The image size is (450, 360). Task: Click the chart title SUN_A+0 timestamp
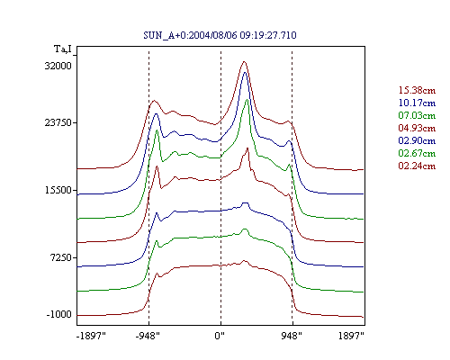pos(220,35)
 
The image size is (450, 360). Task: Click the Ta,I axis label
pos(63,49)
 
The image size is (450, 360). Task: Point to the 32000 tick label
pos(58,66)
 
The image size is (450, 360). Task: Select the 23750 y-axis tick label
pos(58,122)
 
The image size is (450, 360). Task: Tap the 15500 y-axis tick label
pos(58,190)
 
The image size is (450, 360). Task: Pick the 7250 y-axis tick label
pos(61,257)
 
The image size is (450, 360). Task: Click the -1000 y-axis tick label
pos(59,315)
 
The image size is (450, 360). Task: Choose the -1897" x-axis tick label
pos(92,336)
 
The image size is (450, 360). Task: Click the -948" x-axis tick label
pos(148,336)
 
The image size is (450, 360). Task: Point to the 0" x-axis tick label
pos(220,336)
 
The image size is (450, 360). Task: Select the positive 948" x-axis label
pos(292,336)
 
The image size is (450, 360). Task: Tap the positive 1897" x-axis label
pos(351,336)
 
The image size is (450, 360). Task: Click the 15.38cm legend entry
pos(417,90)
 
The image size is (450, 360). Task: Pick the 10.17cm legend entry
pos(417,103)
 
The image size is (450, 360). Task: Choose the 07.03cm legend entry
pos(417,115)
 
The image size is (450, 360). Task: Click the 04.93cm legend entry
pos(417,128)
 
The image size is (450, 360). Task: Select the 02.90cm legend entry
pos(417,140)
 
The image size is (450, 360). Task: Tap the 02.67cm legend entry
pos(417,153)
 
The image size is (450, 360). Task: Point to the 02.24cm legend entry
pos(417,166)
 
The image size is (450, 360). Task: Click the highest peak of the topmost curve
pos(244,62)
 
